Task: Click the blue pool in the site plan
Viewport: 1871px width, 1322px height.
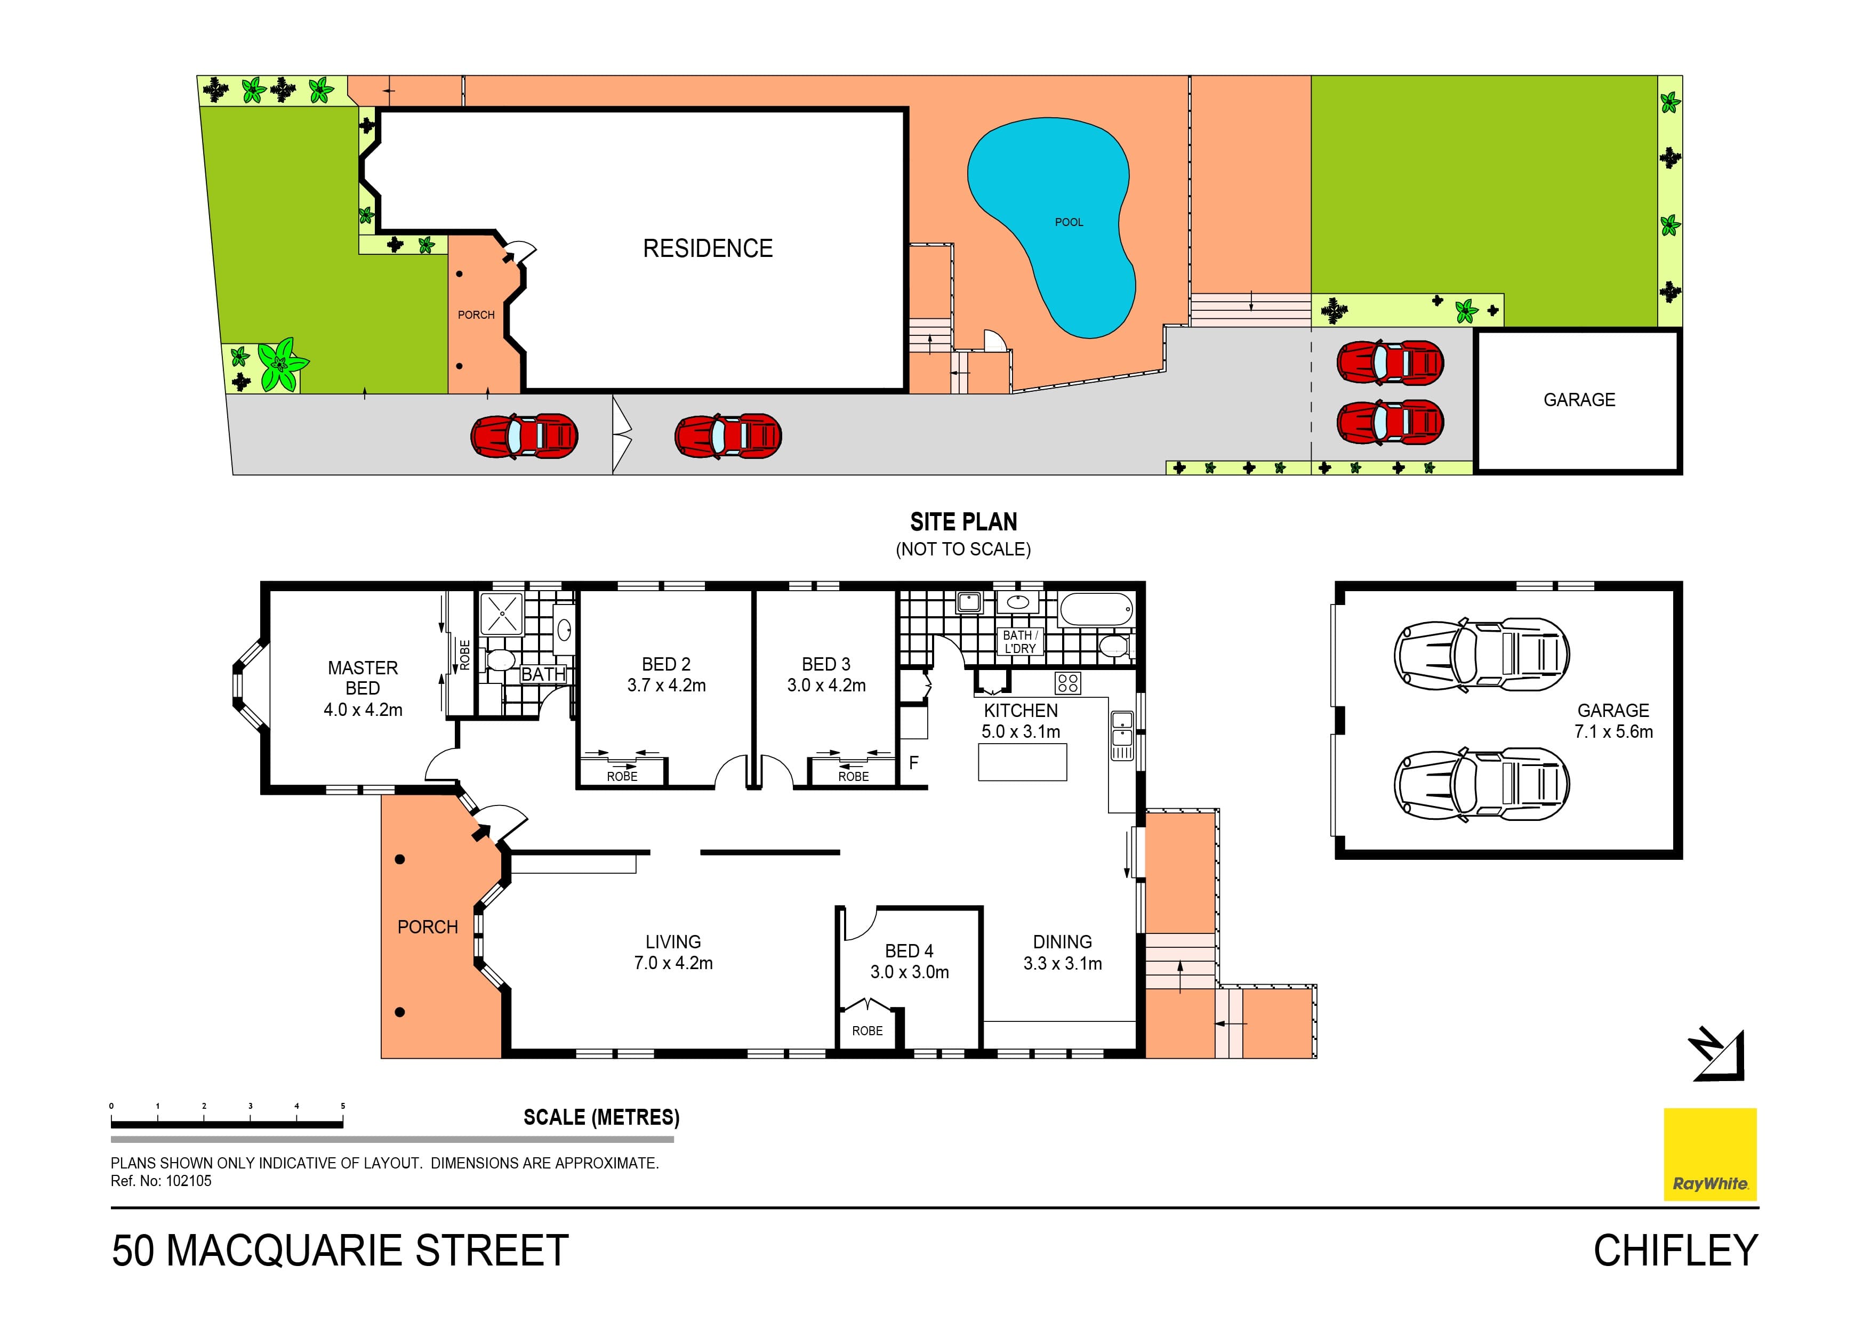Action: coord(1051,220)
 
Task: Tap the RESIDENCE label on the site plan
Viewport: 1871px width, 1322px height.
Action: coord(708,248)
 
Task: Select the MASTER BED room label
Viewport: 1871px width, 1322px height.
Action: coord(363,678)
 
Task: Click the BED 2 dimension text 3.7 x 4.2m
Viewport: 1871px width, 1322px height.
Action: coord(666,686)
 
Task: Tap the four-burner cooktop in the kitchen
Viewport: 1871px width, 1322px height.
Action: coord(1067,682)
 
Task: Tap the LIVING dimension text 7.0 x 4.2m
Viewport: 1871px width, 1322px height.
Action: coord(673,963)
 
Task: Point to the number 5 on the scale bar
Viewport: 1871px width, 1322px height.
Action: coord(343,1106)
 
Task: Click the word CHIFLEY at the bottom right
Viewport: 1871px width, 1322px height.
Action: coord(1675,1251)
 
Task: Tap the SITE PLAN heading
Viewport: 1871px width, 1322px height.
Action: coord(963,522)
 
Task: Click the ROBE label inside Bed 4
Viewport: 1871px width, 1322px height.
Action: coord(867,1031)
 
